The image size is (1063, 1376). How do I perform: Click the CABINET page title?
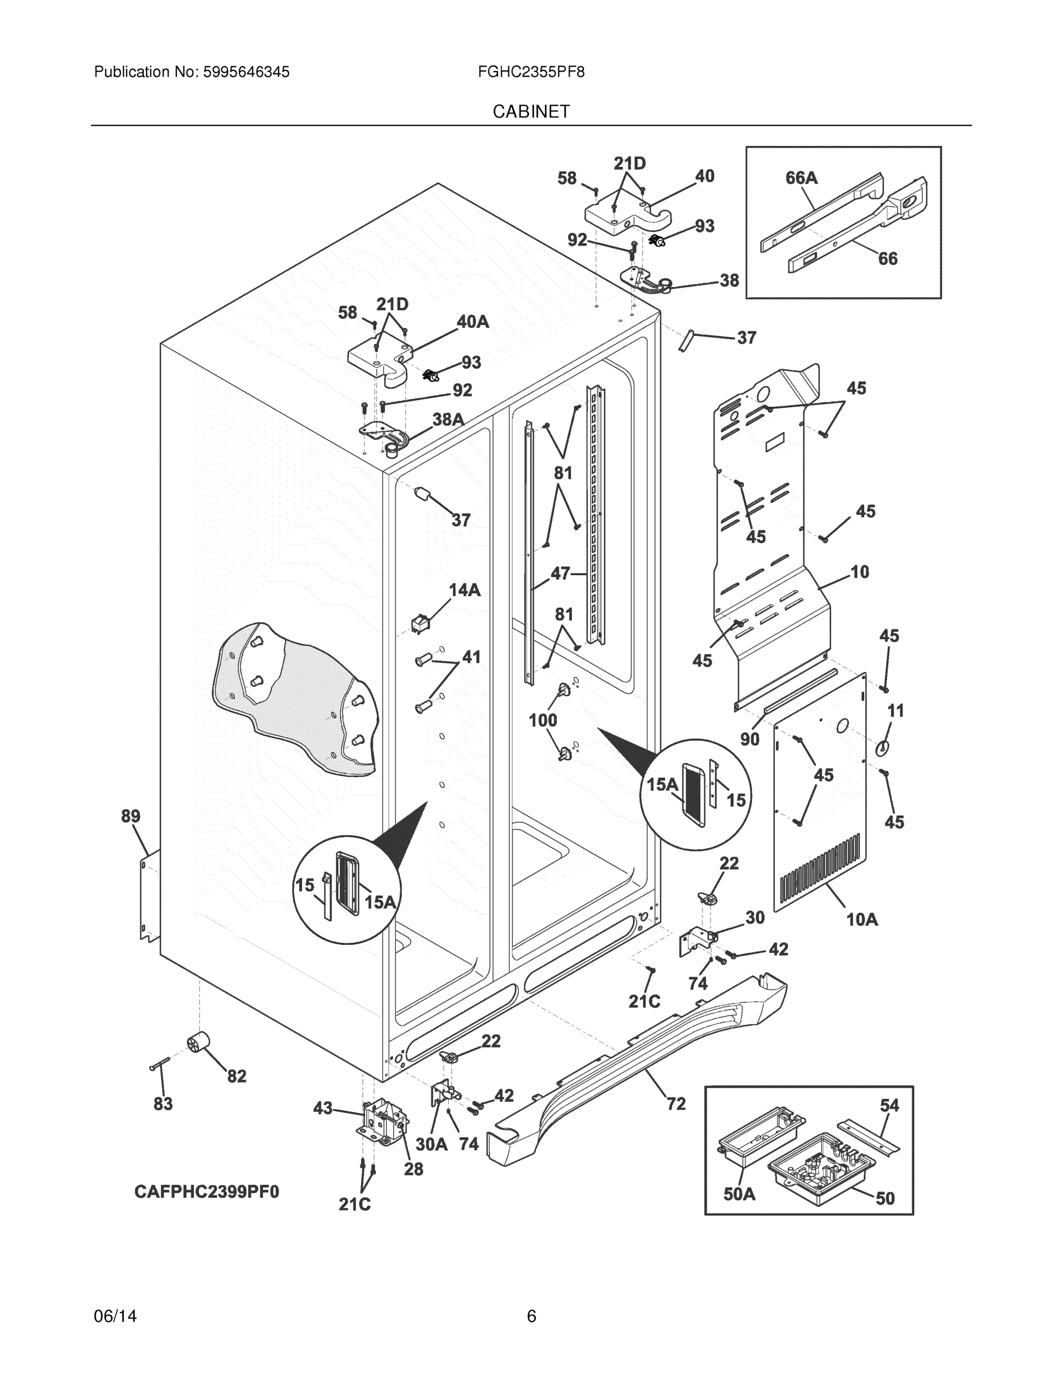coord(531,112)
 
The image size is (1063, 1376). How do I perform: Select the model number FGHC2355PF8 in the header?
coord(531,72)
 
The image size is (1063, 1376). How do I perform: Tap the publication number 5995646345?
coord(246,72)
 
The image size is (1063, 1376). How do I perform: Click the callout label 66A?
coord(801,178)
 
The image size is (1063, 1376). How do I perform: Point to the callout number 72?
coord(676,1103)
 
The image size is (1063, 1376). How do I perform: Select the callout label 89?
coord(130,816)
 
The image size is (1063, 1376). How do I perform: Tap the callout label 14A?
coord(464,590)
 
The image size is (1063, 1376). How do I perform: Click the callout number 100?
coord(542,720)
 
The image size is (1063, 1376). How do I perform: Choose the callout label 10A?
coord(861,919)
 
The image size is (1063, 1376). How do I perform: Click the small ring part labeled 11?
coord(882,747)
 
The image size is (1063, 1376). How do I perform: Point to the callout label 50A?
coord(739,1193)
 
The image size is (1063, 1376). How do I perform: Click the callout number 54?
coord(889,1105)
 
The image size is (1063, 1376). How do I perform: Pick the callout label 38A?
coord(448,419)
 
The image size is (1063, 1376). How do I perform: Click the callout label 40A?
coord(472,322)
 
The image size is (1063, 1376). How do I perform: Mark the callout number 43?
coord(323,1108)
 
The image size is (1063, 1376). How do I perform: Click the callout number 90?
coord(750,738)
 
